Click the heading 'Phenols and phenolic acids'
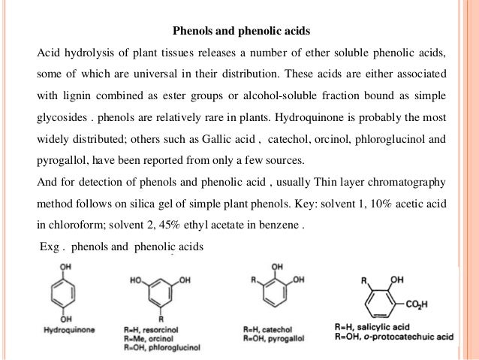point(241,33)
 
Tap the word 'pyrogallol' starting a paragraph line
point(62,161)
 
